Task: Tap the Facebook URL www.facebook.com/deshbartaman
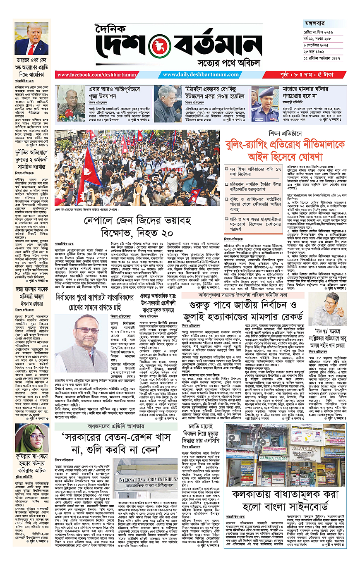91,75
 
